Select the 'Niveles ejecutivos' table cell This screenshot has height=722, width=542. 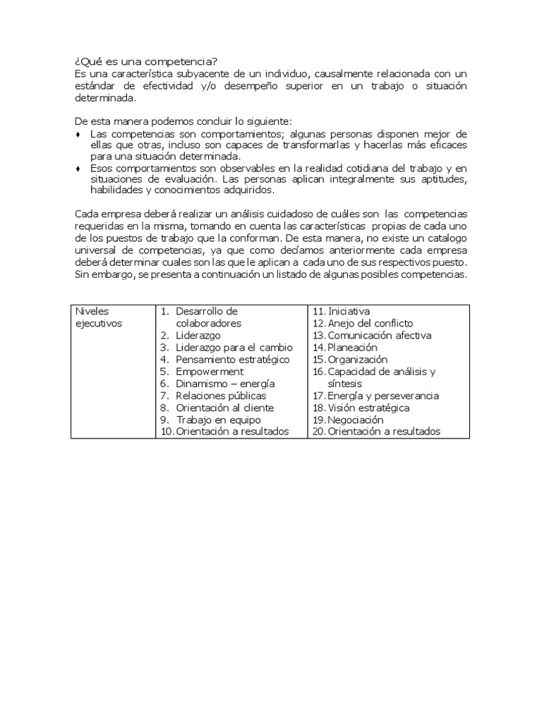pos(98,317)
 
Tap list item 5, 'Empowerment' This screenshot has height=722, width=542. pos(210,372)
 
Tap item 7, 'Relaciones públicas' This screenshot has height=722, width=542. pos(221,396)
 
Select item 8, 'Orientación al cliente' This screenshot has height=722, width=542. pos(225,408)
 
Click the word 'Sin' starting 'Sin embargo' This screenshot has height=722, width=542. pos(81,276)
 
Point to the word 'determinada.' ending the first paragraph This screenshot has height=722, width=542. pos(104,98)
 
